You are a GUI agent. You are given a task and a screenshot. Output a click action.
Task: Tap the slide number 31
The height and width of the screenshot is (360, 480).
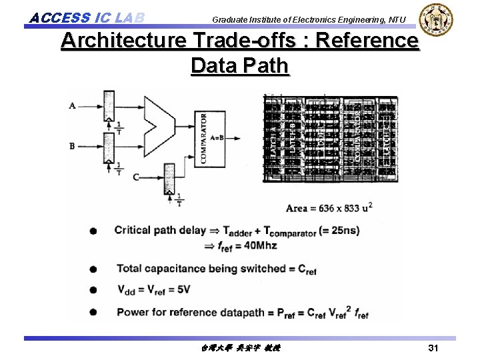433,348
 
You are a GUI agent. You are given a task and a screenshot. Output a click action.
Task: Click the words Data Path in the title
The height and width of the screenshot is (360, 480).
239,66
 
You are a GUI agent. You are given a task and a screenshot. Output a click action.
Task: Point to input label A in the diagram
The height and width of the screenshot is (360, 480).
72,105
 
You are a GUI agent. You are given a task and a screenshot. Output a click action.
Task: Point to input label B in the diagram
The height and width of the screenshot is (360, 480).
72,145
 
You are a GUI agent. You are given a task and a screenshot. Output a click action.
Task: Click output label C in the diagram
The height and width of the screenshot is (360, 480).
136,177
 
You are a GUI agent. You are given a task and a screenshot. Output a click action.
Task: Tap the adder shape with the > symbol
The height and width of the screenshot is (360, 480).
159,124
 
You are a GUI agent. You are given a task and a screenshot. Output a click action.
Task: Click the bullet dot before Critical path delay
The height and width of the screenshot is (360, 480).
93,231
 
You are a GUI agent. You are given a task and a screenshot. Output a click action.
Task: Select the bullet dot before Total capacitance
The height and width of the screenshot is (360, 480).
93,269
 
